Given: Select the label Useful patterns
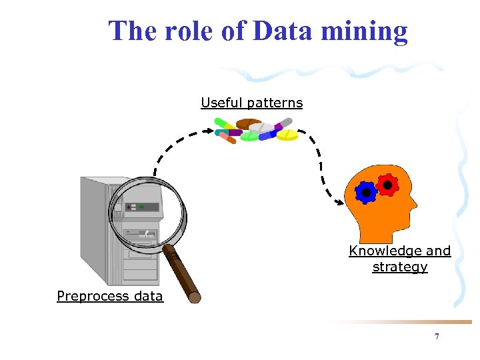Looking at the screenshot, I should [x=251, y=103].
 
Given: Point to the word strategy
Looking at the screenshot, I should [x=399, y=267].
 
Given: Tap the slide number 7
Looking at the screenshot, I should [x=437, y=337].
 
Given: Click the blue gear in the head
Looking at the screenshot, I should [x=366, y=193].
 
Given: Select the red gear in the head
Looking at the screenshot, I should [x=386, y=183].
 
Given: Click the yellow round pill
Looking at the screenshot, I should [x=287, y=135].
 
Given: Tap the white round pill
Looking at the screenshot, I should [x=261, y=127].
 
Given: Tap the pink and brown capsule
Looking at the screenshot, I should [x=227, y=137].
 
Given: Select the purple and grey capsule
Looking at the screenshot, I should [x=282, y=124].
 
